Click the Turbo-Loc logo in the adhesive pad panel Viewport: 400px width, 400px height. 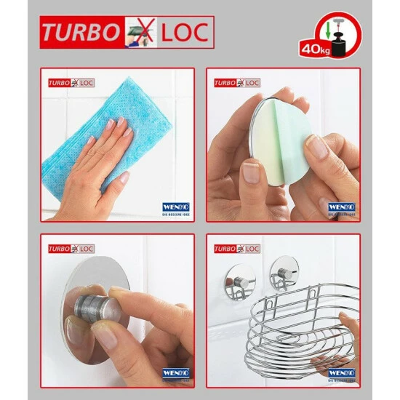pos(236,83)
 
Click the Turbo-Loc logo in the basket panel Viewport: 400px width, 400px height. pos(236,249)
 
